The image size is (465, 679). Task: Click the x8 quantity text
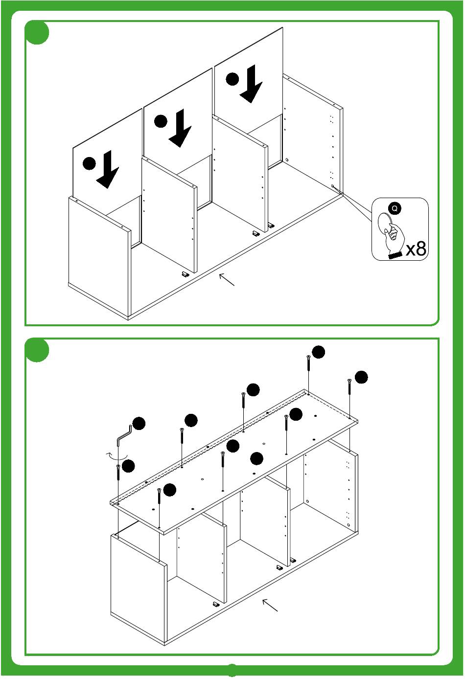click(416, 249)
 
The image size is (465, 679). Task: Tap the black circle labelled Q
click(395, 208)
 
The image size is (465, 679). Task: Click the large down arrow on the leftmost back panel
click(108, 169)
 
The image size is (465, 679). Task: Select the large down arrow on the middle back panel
click(180, 128)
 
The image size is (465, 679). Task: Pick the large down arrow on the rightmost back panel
click(251, 84)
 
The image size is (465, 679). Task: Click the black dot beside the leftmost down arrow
click(89, 164)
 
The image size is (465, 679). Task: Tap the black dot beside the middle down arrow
click(161, 121)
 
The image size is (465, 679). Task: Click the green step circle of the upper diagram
click(37, 32)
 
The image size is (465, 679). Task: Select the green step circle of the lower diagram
click(37, 350)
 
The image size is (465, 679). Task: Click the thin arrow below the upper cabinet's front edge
click(227, 279)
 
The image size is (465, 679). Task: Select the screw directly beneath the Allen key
click(118, 473)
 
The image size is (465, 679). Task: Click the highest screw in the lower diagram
click(308, 362)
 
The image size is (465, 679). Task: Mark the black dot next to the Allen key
click(139, 423)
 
